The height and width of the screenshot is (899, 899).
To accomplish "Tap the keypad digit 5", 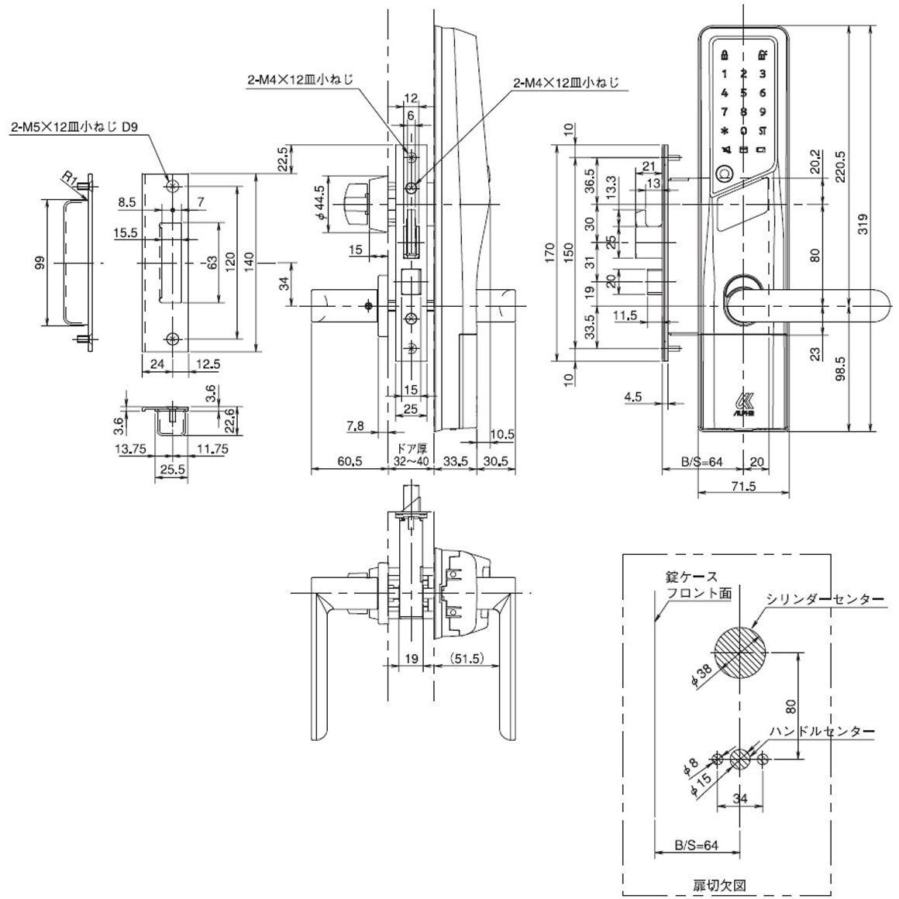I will coord(743,93).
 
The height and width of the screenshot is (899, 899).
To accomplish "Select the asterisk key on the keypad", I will coord(725,131).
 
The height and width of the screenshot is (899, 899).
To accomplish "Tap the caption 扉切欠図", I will coord(720,883).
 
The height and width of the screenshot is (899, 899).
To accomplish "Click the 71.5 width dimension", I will coord(743,487).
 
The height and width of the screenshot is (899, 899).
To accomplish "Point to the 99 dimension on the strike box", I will coord(39,263).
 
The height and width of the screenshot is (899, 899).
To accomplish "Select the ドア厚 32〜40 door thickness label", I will coord(411,455).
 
